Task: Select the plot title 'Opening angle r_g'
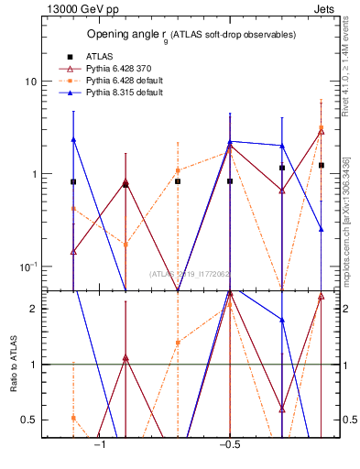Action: click(x=191, y=34)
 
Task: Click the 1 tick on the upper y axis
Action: click(x=33, y=174)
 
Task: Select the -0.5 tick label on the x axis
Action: click(x=229, y=445)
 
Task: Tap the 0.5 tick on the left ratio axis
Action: click(x=28, y=420)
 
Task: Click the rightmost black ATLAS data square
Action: click(x=322, y=165)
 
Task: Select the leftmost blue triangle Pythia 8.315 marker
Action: click(x=73, y=139)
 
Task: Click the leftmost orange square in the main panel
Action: click(x=73, y=209)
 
